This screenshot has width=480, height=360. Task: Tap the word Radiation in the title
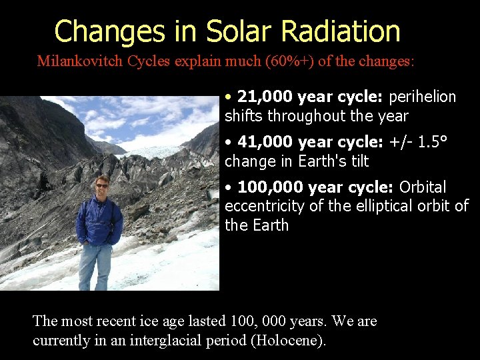tap(341, 31)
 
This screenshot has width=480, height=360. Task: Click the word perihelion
tap(422, 97)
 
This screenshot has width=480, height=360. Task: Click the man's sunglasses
tap(101, 184)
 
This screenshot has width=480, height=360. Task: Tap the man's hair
tap(101, 177)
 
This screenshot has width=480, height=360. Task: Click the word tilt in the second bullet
tap(357, 161)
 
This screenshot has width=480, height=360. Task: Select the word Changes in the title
tap(109, 31)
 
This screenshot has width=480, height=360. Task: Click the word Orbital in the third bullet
tap(423, 187)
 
